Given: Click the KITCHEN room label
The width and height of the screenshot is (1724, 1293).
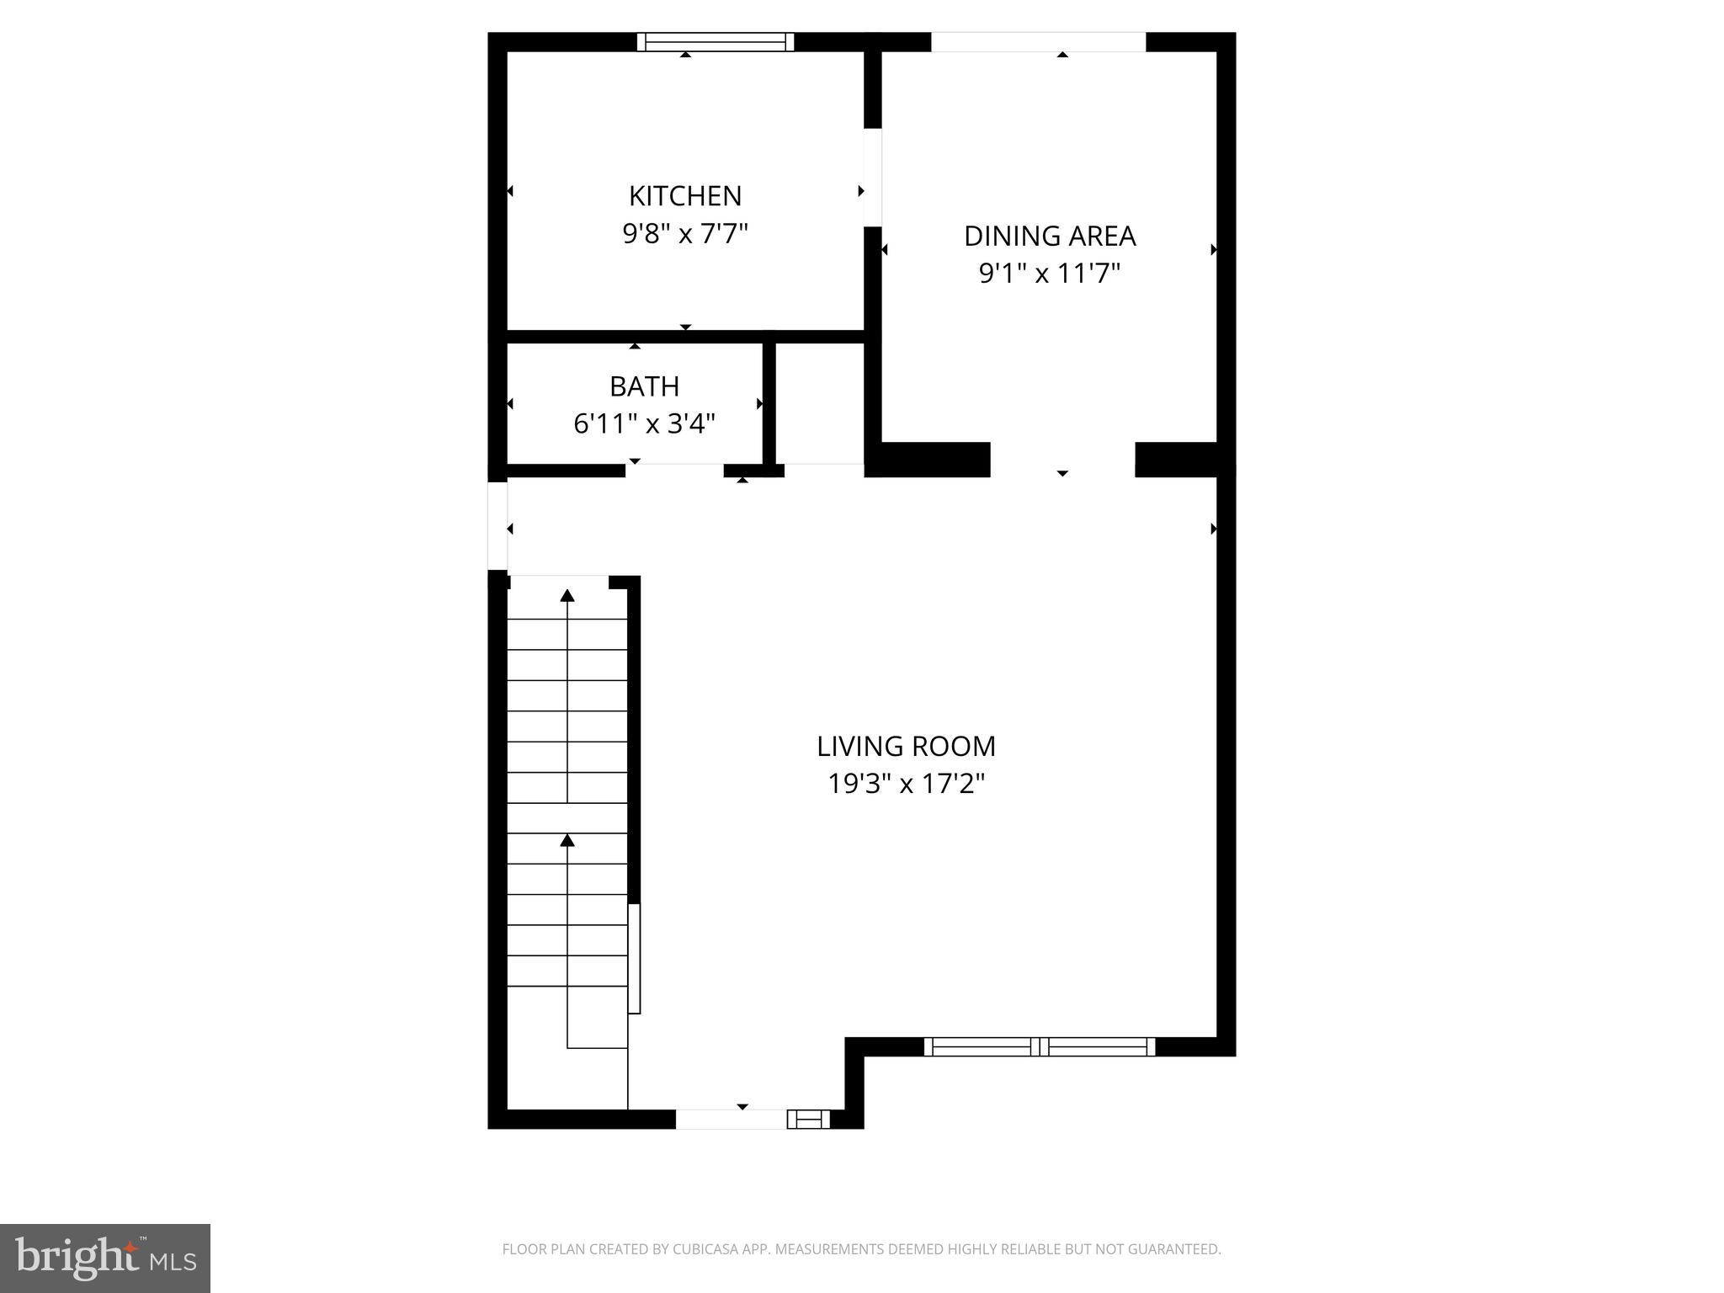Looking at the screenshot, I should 685,195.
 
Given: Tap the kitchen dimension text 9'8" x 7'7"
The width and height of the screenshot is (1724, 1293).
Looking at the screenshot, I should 685,233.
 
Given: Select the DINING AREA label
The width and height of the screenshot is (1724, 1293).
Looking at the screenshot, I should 1050,236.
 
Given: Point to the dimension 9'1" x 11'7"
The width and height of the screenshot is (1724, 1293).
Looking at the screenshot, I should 1050,274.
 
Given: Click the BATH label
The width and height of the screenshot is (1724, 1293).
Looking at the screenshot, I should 644,386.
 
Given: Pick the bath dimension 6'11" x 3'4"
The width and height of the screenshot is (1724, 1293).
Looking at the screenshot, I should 644,423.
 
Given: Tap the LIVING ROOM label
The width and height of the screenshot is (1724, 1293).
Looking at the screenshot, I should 906,746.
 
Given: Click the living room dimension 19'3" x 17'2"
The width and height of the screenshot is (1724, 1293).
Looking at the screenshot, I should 906,784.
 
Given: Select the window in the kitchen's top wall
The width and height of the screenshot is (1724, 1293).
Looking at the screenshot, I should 715,41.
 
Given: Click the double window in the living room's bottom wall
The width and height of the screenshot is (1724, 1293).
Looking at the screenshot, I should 1040,1046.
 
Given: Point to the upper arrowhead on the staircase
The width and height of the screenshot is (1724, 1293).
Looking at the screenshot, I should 567,596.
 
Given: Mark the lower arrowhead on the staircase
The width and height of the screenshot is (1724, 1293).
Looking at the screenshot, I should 567,840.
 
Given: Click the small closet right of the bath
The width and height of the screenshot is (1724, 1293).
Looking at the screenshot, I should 819,402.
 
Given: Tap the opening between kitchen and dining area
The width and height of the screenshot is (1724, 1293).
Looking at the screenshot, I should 873,177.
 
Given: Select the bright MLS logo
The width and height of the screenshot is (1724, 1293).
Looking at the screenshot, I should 105,1258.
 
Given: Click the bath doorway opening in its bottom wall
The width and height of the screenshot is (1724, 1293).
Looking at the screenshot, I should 674,471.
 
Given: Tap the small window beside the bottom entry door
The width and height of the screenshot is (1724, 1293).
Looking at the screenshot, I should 808,1119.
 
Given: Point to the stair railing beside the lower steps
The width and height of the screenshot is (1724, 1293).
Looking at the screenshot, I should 635,958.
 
